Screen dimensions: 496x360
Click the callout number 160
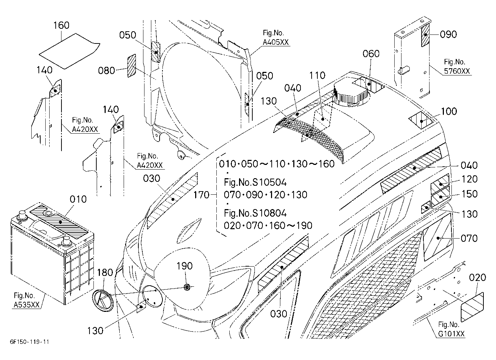(x=61, y=26)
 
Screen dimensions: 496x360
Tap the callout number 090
(x=448, y=34)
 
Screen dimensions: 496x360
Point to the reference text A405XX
(x=276, y=42)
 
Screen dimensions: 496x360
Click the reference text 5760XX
(x=457, y=71)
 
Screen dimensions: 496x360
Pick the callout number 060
(x=371, y=54)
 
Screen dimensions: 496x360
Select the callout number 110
(x=317, y=76)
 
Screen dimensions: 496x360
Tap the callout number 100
(x=449, y=111)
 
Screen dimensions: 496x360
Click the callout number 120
(x=469, y=179)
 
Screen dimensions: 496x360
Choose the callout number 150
(x=469, y=194)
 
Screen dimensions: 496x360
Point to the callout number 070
(x=469, y=239)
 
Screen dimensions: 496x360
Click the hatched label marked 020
(x=472, y=307)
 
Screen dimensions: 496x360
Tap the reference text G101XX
(x=451, y=334)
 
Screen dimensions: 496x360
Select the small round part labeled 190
(x=187, y=287)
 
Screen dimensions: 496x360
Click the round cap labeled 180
(x=103, y=300)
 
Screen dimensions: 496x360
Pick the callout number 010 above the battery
(x=78, y=199)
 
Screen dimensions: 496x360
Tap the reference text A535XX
(x=27, y=305)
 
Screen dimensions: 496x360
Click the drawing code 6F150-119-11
(x=29, y=342)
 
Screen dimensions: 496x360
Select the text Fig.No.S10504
(x=255, y=183)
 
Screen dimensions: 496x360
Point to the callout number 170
(x=201, y=195)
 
